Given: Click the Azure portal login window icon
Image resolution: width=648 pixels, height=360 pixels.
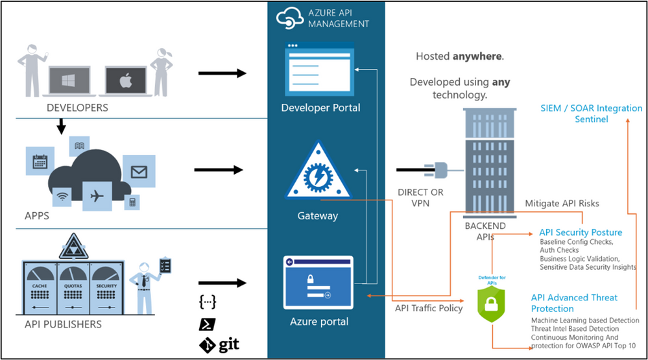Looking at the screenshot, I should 318,283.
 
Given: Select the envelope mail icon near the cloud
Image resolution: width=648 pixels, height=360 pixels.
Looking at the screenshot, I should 139,172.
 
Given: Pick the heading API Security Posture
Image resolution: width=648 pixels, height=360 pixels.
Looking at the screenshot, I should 581,232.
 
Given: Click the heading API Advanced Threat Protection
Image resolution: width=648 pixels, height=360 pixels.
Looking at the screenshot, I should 574,303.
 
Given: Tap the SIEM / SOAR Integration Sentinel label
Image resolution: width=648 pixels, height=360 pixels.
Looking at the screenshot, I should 591,114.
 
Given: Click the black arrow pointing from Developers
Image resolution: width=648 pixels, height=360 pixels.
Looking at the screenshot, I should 222,73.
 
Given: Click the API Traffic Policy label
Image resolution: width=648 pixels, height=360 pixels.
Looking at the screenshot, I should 429,308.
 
